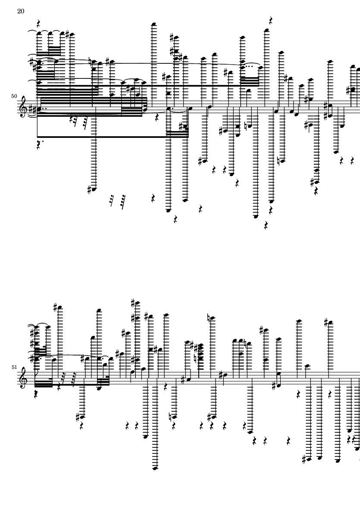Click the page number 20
pyautogui.click(x=20, y=11)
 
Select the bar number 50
pyautogui.click(x=14, y=96)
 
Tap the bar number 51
pyautogui.click(x=14, y=367)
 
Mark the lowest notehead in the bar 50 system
pyautogui.click(x=256, y=216)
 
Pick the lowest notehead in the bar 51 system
pyautogui.click(x=155, y=468)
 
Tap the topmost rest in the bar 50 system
pyautogui.click(x=270, y=21)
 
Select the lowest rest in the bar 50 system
pyautogui.click(x=266, y=225)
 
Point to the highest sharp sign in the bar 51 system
pyautogui.click(x=133, y=303)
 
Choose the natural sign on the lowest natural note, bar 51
pyautogui.click(x=170, y=416)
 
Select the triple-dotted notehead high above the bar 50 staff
pyautogui.click(x=243, y=68)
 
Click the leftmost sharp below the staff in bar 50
pyautogui.click(x=90, y=190)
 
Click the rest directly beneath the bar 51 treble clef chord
pyautogui.click(x=36, y=394)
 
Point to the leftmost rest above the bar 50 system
pyautogui.click(x=38, y=23)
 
